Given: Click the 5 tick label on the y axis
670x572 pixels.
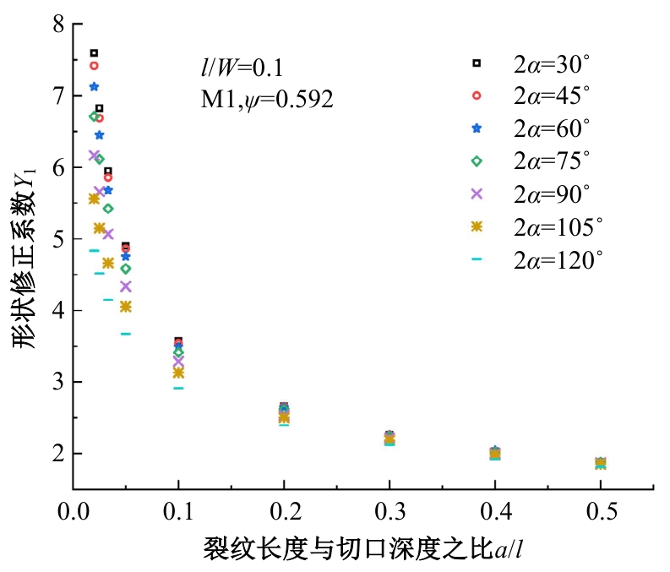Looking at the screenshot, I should pyautogui.click(x=58, y=239).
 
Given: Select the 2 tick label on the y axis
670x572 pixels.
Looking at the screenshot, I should pyautogui.click(x=58, y=454).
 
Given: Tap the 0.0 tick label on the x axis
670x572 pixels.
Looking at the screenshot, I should pyautogui.click(x=74, y=512).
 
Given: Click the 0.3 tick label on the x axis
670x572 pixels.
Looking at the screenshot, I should pyautogui.click(x=389, y=512).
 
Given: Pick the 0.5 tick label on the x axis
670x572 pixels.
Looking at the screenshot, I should pyautogui.click(x=600, y=512).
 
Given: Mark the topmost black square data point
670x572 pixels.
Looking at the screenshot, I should pyautogui.click(x=94, y=53).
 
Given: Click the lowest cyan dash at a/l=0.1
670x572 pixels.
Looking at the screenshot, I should pyautogui.click(x=178, y=388).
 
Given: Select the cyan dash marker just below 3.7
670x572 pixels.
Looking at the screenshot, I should pyautogui.click(x=126, y=334).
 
